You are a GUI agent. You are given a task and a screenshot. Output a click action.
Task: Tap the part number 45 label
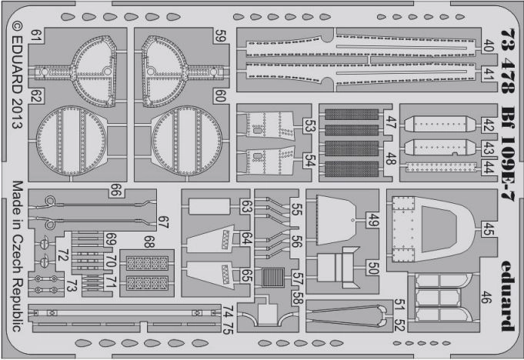point(488,227)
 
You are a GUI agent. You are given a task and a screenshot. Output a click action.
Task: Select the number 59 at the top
point(220,35)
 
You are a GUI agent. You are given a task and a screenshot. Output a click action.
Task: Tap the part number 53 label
point(309,126)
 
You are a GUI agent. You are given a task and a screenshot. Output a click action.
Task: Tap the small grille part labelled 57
point(273,276)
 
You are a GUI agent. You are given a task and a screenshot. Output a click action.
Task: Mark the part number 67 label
point(162,221)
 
